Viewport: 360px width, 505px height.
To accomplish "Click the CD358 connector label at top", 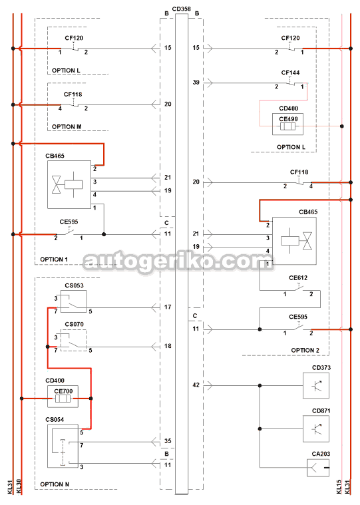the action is [x=181, y=9].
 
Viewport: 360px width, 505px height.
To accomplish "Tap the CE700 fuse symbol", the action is [x=63, y=399].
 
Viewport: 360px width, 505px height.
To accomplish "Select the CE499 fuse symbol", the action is [x=287, y=126].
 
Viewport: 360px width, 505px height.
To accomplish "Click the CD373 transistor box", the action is [x=316, y=386].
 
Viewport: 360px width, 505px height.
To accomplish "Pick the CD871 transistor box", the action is [x=316, y=428].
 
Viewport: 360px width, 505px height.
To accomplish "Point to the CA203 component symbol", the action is [x=318, y=468].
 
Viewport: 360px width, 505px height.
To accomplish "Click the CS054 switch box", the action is [x=63, y=446].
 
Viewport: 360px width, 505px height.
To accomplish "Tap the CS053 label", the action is [x=74, y=285].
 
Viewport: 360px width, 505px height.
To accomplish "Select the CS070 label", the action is [x=74, y=324].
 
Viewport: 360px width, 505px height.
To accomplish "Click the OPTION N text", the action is [x=55, y=484].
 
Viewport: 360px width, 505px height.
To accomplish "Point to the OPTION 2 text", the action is [x=305, y=350].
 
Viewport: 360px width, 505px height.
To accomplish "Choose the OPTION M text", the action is [x=67, y=126].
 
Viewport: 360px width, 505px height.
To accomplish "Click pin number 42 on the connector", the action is [x=196, y=385].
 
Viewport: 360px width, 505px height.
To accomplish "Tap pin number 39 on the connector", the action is [x=196, y=83].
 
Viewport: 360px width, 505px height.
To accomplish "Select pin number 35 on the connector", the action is [x=168, y=441].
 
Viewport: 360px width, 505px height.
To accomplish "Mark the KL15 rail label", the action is [x=339, y=486].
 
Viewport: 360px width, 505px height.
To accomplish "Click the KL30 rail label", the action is [x=19, y=486].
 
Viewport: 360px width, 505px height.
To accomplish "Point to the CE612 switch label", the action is [x=298, y=277].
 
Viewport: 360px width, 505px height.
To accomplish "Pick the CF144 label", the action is [x=290, y=73].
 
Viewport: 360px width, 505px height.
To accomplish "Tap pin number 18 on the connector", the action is [x=168, y=346].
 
